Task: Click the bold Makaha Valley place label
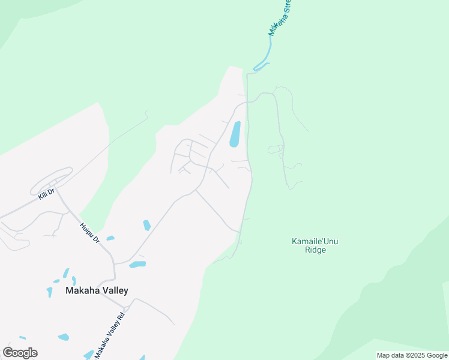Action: pyautogui.click(x=97, y=291)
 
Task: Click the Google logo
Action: pyautogui.click(x=20, y=353)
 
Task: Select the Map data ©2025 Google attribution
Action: pyautogui.click(x=412, y=355)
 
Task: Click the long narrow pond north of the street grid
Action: pyautogui.click(x=235, y=134)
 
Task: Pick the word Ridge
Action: pyautogui.click(x=315, y=250)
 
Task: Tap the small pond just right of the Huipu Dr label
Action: pyautogui.click(x=110, y=238)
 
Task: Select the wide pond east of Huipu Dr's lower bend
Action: pyautogui.click(x=137, y=264)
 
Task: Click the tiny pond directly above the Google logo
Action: pyautogui.click(x=22, y=338)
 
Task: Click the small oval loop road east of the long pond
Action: pyautogui.click(x=275, y=148)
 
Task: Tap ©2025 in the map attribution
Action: pyautogui.click(x=409, y=355)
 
